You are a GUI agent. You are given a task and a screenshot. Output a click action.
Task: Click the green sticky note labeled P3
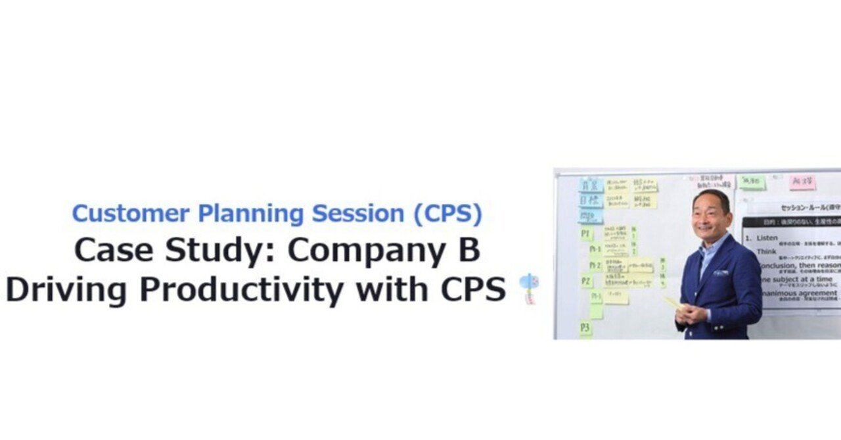tap(585, 328)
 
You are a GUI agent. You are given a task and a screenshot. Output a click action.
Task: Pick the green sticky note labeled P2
tap(586, 281)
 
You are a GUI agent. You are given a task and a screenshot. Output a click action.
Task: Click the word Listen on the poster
tap(767, 237)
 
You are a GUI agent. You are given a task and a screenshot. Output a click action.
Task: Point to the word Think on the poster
tap(766, 251)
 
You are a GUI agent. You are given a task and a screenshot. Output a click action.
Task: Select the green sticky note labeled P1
tap(586, 233)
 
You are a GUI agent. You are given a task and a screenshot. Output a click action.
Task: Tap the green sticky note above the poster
tap(751, 181)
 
